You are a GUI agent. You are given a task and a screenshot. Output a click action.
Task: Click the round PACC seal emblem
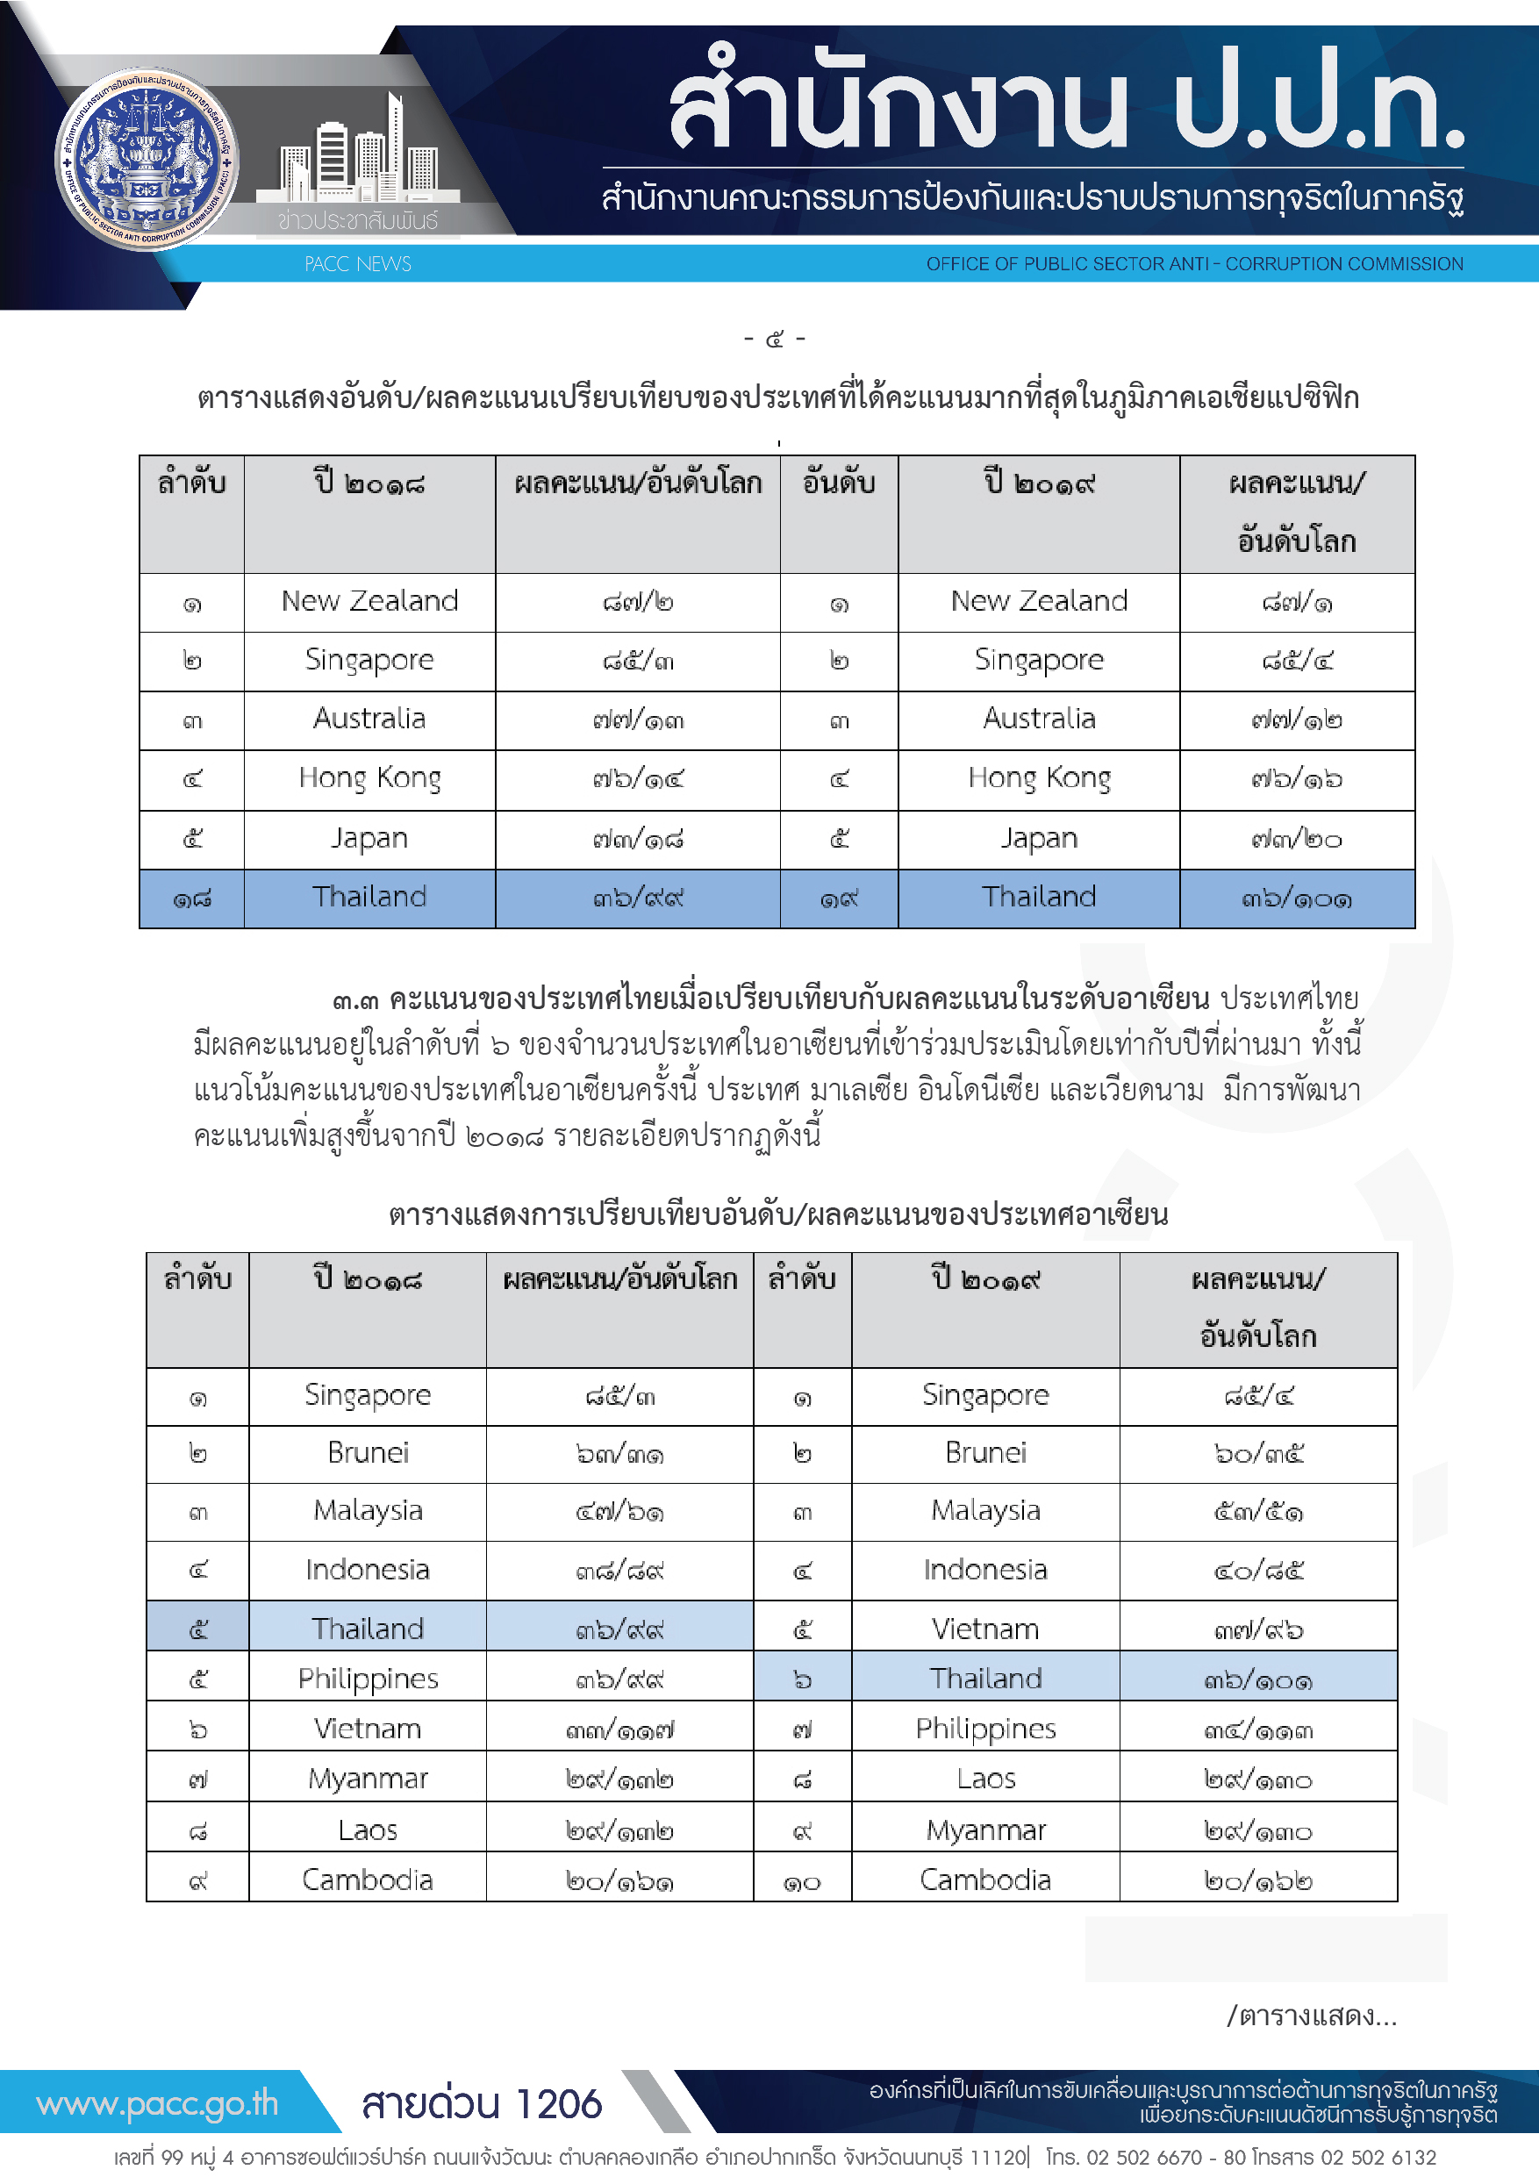[147, 160]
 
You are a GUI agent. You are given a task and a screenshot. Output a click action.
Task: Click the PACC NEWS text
[357, 263]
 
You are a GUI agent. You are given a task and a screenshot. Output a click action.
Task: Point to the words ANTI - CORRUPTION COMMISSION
[1314, 263]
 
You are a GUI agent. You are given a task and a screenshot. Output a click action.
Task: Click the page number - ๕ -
[774, 339]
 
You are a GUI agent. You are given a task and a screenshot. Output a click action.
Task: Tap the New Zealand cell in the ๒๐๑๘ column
[369, 601]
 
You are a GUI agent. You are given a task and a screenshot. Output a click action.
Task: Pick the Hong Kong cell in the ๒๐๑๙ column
[1039, 778]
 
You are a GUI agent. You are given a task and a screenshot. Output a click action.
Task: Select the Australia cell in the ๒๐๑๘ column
[369, 719]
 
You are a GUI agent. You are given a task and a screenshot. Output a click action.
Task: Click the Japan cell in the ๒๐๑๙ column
[1039, 838]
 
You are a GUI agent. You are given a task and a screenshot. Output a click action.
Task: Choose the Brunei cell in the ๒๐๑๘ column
[368, 1452]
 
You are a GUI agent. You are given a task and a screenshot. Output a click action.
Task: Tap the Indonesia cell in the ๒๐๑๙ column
[985, 1569]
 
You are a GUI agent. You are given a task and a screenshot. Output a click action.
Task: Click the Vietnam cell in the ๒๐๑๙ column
[985, 1629]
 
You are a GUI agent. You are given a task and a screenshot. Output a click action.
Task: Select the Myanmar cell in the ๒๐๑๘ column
[368, 1779]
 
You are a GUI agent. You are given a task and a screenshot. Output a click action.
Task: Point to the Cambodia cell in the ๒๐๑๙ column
[985, 1880]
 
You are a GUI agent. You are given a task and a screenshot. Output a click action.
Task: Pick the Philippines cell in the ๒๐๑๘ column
[368, 1679]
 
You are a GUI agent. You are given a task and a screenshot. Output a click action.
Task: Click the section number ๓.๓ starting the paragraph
[355, 1000]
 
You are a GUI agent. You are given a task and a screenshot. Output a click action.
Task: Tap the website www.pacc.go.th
[157, 2103]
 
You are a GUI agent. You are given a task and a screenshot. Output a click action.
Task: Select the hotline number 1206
[560, 2104]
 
